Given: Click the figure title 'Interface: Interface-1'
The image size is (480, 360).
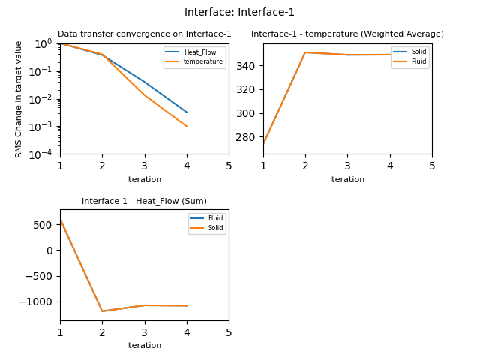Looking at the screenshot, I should coord(239,12).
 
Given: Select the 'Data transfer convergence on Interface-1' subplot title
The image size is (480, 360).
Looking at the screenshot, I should coord(144,34).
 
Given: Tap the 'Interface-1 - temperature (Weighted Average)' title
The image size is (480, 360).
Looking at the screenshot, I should coord(347,34).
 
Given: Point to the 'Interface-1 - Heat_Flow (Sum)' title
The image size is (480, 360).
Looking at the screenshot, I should coord(144,201).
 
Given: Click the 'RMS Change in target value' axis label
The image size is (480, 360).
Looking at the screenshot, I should coord(19,98).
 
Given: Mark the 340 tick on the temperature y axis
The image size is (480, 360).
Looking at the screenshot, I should coord(248,66).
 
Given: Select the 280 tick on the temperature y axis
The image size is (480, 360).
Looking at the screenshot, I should coord(248,137).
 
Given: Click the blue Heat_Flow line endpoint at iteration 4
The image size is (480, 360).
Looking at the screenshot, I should coord(187,112).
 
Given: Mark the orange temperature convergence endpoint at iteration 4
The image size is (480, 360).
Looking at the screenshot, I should coord(187,127).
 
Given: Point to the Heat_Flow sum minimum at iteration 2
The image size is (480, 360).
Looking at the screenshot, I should coord(103,311).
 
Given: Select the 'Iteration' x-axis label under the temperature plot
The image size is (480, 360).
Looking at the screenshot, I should coord(347,180).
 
